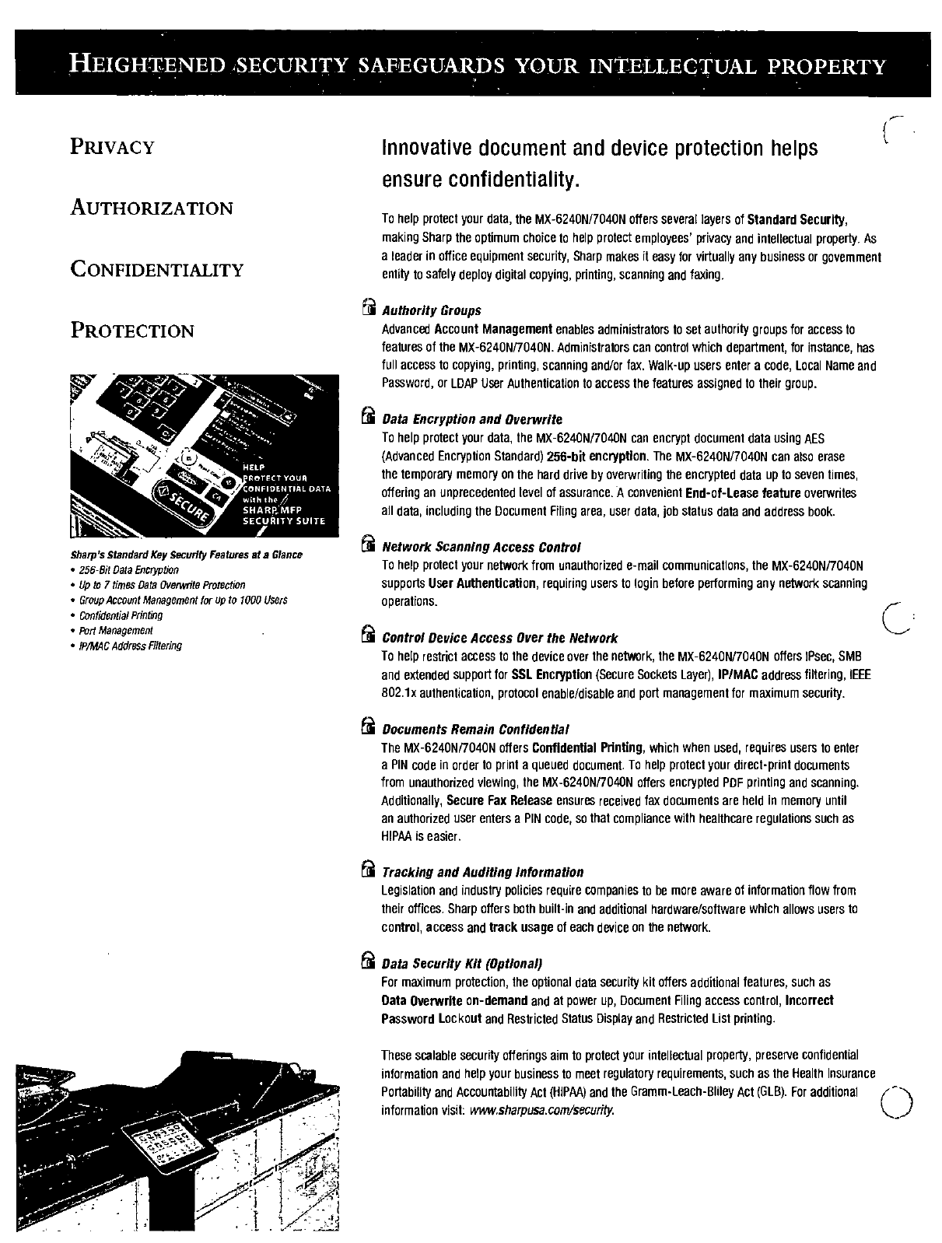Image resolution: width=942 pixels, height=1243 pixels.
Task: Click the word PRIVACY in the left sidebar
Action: [113, 147]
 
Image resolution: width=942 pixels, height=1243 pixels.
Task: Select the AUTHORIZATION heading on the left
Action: [152, 208]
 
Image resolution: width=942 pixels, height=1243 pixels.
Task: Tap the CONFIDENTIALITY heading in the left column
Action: [157, 270]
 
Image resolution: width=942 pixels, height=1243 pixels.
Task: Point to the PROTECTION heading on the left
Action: [132, 331]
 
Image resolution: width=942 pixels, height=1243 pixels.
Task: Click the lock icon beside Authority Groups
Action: [369, 309]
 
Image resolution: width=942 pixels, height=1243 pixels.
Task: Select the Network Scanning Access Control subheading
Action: [482, 547]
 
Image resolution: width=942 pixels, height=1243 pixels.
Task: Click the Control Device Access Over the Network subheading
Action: [499, 638]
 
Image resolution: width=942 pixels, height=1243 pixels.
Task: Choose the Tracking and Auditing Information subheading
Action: [482, 872]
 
